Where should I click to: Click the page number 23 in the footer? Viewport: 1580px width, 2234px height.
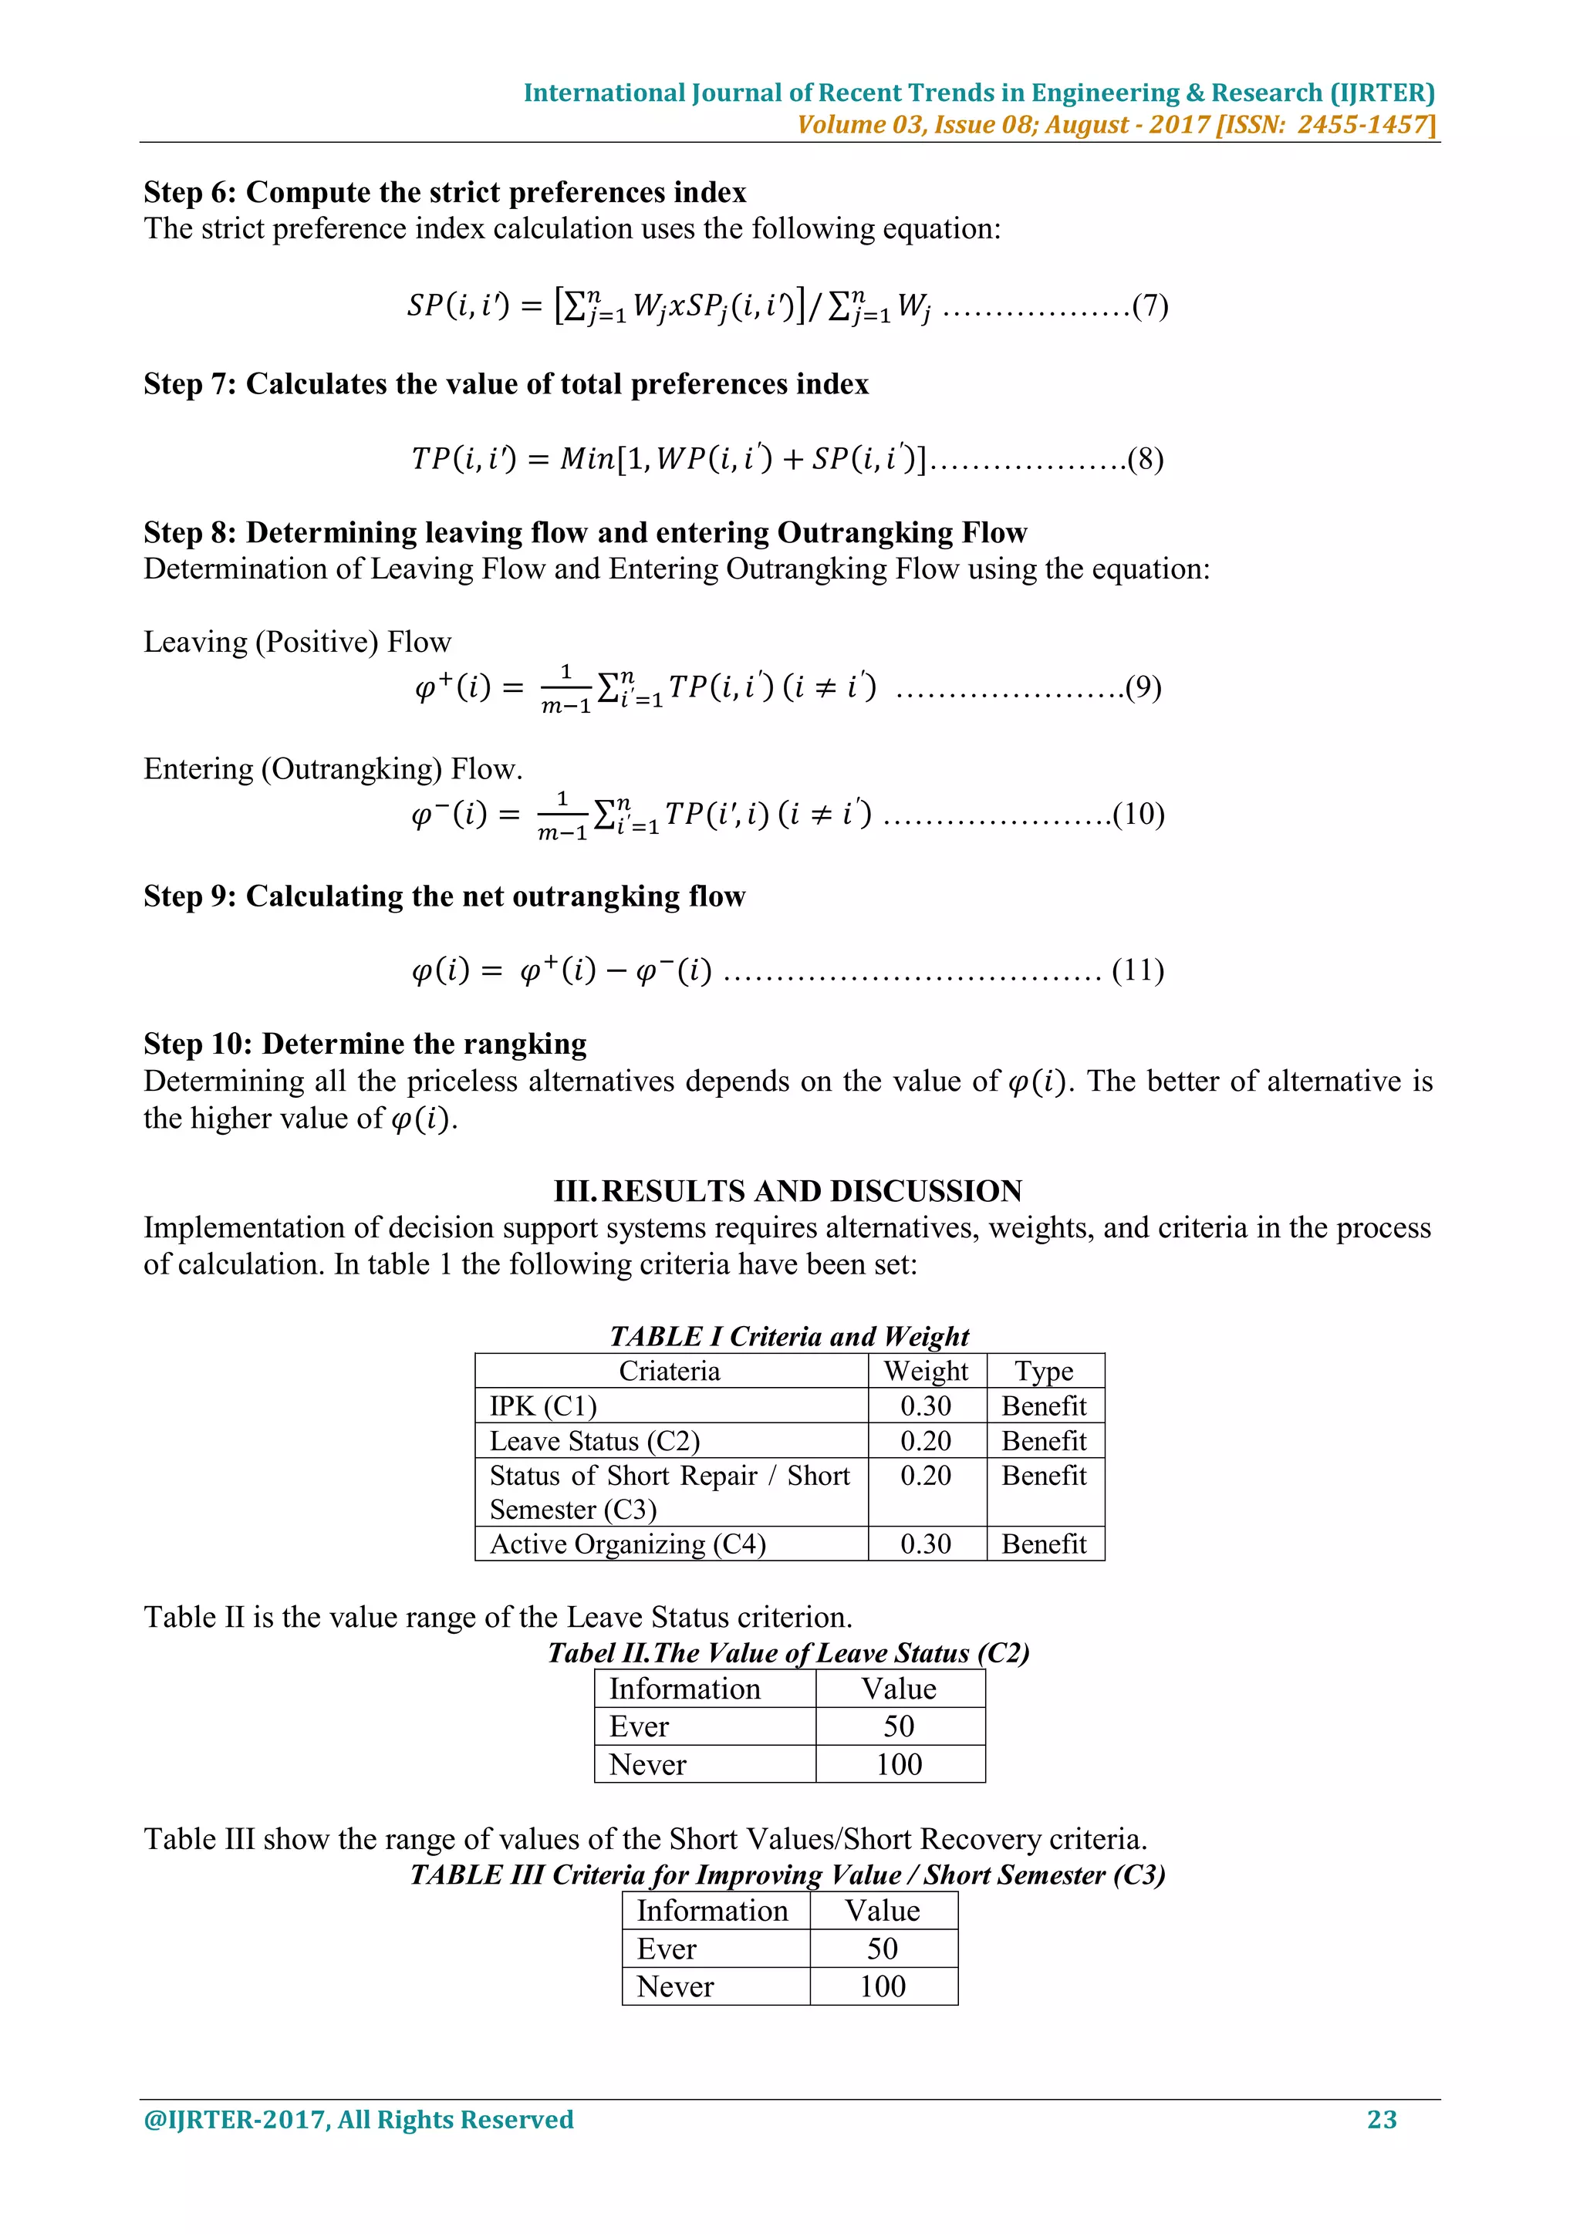[1382, 2119]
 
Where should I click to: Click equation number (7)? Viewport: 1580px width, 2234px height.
[1150, 306]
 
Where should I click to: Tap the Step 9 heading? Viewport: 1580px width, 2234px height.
[444, 896]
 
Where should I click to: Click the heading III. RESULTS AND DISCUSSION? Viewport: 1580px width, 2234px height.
[788, 1191]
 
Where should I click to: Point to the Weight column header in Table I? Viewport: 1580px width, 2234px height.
[925, 1371]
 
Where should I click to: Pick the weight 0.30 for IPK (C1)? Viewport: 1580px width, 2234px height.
[925, 1406]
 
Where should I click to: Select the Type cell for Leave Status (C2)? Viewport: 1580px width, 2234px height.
[1044, 1441]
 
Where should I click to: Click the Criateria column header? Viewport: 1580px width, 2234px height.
[670, 1371]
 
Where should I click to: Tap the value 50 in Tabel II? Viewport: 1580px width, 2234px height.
[899, 1726]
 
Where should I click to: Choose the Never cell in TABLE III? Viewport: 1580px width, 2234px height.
[675, 1986]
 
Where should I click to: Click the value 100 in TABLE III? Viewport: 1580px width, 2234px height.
[883, 1986]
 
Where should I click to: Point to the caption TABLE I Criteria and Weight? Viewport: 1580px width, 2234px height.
[789, 1336]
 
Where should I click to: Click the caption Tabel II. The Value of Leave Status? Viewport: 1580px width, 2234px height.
[788, 1653]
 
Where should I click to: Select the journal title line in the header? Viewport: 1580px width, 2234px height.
[979, 93]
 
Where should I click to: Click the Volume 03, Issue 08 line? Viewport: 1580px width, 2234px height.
[1115, 124]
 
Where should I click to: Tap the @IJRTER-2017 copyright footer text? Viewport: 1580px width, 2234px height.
[358, 2119]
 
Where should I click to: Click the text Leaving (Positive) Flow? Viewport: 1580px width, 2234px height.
[298, 642]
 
